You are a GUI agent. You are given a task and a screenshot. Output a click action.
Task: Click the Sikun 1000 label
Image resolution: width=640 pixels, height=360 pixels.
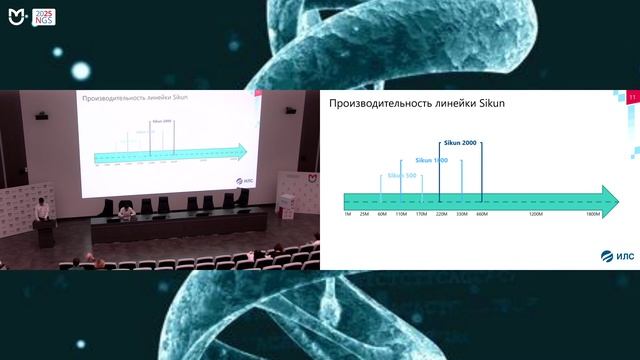[431, 160]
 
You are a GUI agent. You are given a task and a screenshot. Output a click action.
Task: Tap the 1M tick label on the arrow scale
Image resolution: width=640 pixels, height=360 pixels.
[347, 214]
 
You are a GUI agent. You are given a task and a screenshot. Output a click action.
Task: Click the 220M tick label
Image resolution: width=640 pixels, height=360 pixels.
[441, 214]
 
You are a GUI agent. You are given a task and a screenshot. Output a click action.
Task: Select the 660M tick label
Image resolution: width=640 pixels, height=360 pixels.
[481, 214]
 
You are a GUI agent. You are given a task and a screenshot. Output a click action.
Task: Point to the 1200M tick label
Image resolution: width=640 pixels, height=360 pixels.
[536, 214]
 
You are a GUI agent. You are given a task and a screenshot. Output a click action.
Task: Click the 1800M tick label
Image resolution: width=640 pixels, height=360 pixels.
[593, 214]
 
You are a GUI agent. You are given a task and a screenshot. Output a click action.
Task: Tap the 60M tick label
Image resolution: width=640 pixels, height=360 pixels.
[382, 214]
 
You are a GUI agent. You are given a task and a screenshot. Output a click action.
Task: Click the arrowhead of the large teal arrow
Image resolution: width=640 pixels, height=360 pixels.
[609, 198]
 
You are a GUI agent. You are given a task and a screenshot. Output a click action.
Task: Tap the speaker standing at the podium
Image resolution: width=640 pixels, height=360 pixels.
[38, 210]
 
